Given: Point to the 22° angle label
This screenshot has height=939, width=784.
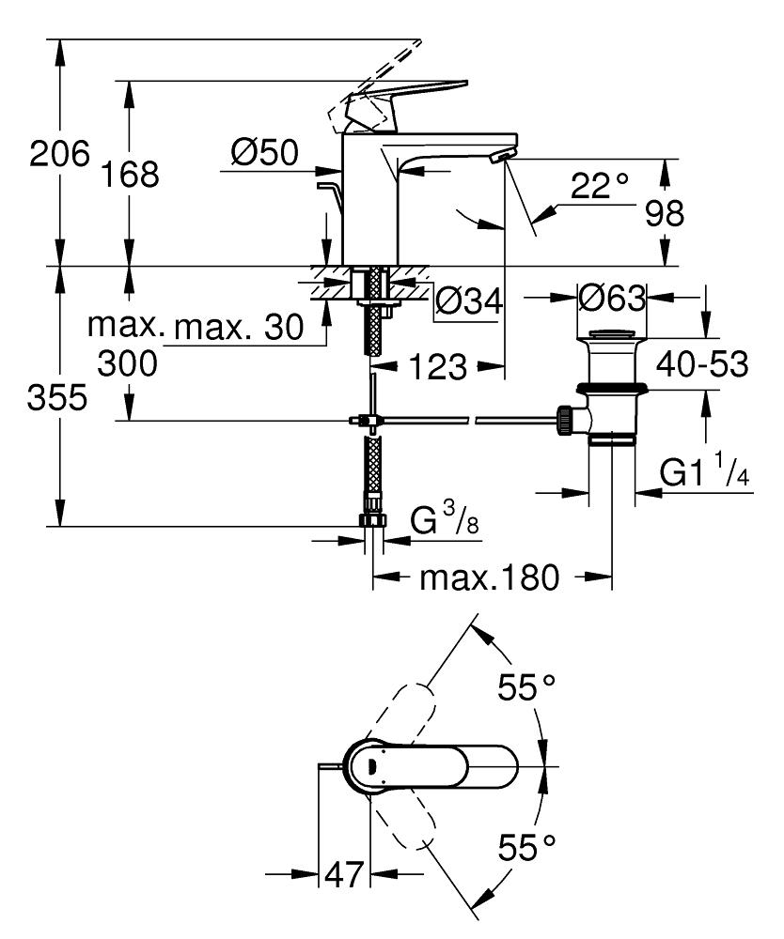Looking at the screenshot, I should [x=599, y=187].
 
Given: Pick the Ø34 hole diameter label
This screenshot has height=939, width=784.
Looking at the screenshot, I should [x=467, y=301].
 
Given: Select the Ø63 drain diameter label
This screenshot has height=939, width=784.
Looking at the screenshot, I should [x=612, y=299].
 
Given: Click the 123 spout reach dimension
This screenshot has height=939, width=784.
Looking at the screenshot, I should [x=436, y=367].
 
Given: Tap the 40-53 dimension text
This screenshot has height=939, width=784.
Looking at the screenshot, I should [x=702, y=364].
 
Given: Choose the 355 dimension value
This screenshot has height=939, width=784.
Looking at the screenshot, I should [x=58, y=398].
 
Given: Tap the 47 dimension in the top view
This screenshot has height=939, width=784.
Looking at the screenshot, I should [x=344, y=875].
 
